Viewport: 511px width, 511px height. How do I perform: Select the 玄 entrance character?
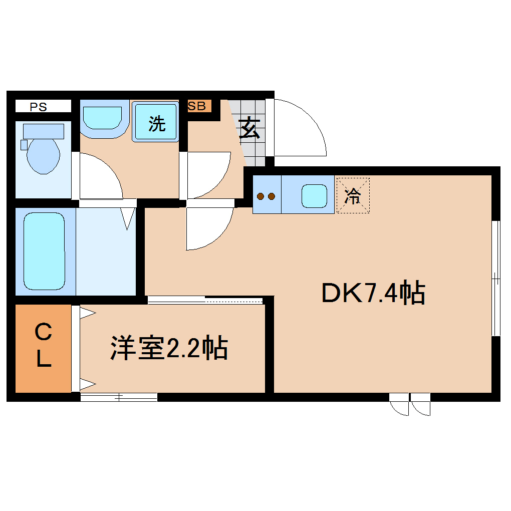click(249, 129)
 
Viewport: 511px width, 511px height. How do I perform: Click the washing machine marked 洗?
click(156, 123)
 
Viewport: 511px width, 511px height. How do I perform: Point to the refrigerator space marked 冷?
click(353, 195)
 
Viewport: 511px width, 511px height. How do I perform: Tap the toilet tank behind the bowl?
click(44, 131)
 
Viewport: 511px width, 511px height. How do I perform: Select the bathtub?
click(45, 251)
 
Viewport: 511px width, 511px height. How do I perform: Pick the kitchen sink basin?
click(315, 195)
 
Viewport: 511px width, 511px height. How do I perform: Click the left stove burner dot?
click(261, 196)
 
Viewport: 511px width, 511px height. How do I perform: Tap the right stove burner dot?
click(272, 196)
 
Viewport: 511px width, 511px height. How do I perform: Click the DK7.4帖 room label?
click(373, 293)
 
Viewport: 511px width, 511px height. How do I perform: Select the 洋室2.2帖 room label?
click(169, 348)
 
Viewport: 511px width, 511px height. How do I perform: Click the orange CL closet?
click(44, 348)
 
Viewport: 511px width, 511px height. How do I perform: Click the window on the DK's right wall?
click(495, 278)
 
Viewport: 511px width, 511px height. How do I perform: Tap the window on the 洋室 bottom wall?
click(119, 397)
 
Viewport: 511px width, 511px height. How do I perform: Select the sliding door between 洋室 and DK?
click(205, 300)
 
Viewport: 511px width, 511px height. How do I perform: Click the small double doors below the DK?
click(410, 404)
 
